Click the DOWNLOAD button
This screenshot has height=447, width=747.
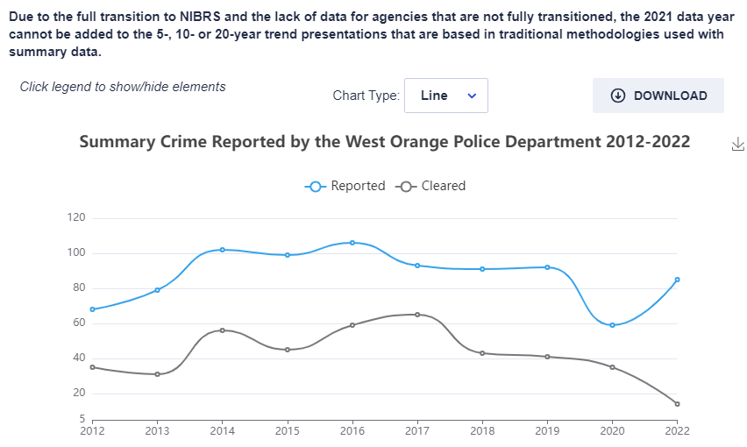(x=658, y=96)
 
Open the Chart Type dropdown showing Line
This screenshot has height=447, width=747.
(x=445, y=96)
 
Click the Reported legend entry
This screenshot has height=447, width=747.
(x=345, y=186)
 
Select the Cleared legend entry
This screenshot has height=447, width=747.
(x=430, y=186)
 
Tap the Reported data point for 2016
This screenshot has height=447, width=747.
(x=352, y=243)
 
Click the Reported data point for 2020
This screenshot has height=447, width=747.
(x=612, y=325)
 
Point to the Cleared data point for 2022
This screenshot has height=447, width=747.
(x=677, y=404)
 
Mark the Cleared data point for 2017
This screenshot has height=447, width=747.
(x=417, y=315)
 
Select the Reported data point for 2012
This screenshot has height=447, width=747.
(x=92, y=309)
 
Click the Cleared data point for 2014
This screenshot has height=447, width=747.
(x=222, y=330)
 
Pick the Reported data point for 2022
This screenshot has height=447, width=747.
(x=677, y=280)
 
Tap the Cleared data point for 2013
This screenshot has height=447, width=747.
(x=157, y=374)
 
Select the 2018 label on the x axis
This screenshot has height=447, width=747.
(x=482, y=430)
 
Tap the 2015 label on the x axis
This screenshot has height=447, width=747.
(x=287, y=430)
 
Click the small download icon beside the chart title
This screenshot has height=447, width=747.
(x=737, y=144)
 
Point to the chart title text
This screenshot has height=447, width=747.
(x=385, y=142)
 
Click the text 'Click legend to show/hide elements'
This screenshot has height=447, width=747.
(x=123, y=87)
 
